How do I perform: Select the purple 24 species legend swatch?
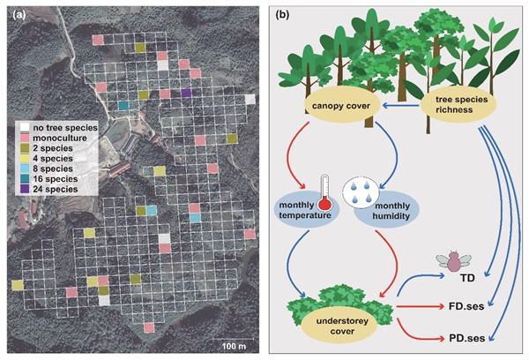tap(26, 189)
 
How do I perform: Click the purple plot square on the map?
tap(185, 93)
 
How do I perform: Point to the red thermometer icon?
tap(324, 194)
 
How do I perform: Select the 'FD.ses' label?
tap(461, 309)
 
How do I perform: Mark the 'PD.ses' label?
tap(461, 338)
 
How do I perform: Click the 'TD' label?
tap(458, 279)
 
